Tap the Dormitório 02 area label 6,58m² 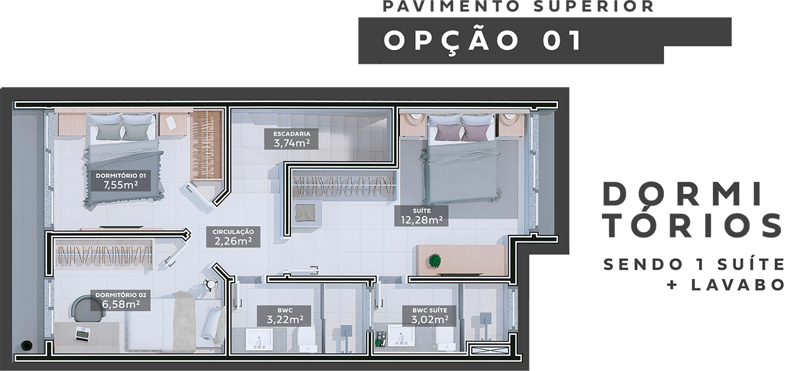pos(121,300)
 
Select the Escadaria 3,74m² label pos(292,139)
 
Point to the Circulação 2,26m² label pos(233,237)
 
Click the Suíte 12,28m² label pos(421,215)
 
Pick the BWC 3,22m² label pos(284,315)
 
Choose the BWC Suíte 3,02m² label pos(429,315)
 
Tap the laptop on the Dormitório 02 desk pos(83,334)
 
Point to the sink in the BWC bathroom pos(259,339)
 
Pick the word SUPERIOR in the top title pos(594,7)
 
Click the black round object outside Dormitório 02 pos(26,345)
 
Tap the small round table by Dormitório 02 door pos(210,284)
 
